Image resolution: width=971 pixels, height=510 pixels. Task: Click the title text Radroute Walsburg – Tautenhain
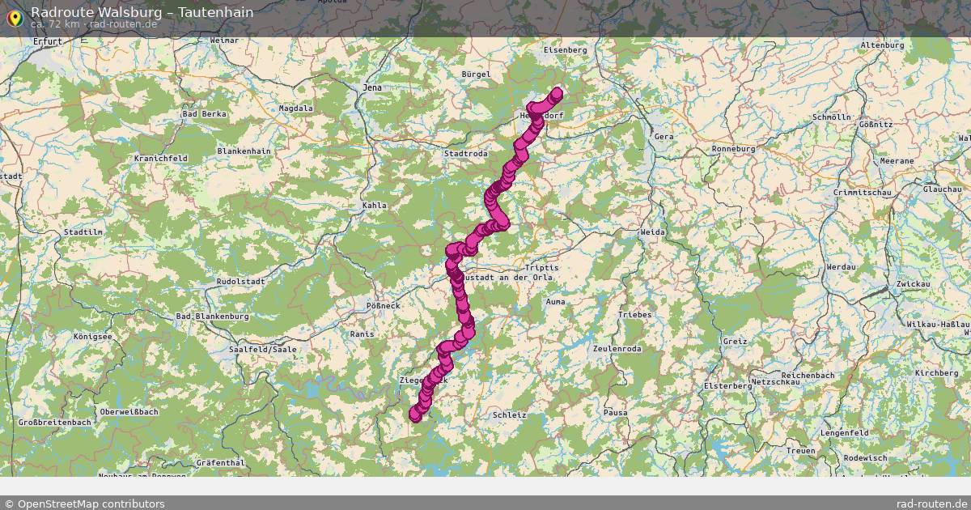coord(142,12)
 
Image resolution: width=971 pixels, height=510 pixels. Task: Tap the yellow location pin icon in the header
coord(14,17)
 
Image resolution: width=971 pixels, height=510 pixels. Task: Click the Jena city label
coord(371,87)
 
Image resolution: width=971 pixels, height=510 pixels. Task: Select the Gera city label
coord(664,137)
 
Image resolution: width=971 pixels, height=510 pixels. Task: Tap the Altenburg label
coord(882,45)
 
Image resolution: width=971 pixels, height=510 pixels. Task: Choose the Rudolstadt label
coord(240,282)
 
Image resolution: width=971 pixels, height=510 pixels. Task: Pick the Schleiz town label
coord(509,414)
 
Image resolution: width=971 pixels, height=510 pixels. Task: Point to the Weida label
coord(652,232)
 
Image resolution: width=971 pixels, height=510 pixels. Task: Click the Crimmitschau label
coord(861,193)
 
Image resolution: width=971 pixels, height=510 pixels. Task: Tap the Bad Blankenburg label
coord(213,316)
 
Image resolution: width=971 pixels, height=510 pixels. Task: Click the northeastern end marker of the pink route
coord(557,93)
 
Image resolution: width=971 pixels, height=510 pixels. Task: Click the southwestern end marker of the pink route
coord(416,414)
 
